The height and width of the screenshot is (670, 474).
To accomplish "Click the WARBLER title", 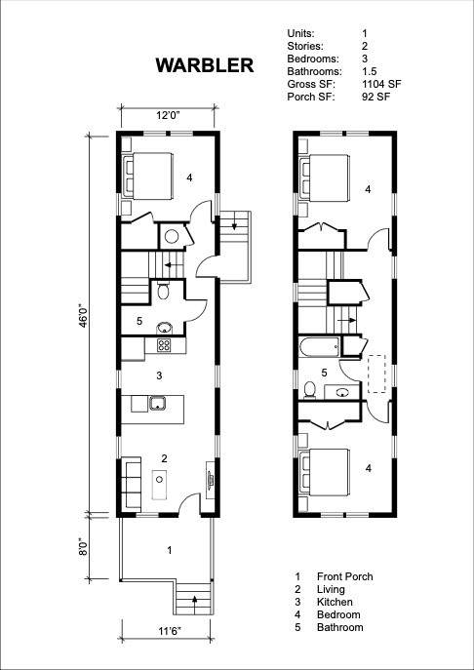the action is point(205,65).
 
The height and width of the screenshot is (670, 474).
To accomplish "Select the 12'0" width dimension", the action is point(167,115).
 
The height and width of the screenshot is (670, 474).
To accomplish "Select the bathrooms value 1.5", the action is point(369,71).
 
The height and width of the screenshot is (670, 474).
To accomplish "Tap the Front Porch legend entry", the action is point(345,576).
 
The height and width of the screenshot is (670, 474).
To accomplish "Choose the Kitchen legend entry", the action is point(335,602).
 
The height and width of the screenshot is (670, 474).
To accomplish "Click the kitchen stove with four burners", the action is point(164,345).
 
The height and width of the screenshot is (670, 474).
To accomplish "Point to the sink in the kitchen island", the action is point(157,403).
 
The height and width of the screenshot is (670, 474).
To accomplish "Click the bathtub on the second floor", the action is point(319,346).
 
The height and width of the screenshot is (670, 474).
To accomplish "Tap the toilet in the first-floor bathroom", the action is point(163,290).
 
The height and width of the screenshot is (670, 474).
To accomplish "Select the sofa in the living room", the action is point(132,481).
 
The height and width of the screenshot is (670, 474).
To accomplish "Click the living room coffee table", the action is point(159,484).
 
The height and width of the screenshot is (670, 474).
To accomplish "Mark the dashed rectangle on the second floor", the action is point(377,374).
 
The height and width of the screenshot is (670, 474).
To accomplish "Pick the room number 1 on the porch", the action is point(170,550).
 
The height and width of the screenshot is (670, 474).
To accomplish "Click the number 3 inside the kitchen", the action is point(159,376).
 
